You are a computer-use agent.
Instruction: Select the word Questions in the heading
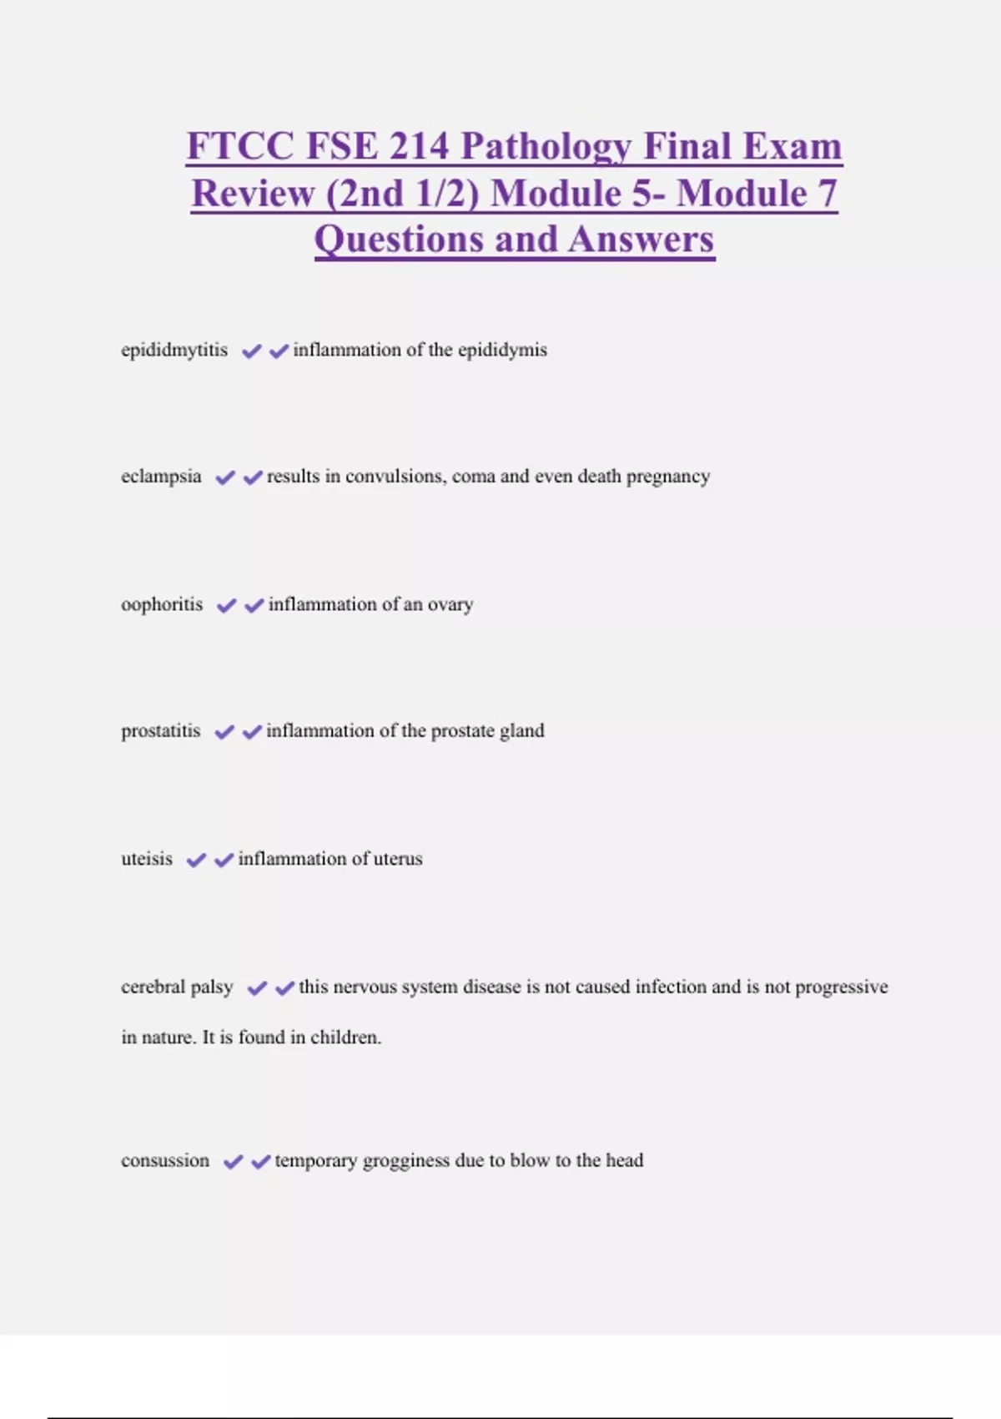click(399, 240)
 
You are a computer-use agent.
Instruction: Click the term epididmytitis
click(174, 350)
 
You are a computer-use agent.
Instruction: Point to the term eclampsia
click(161, 477)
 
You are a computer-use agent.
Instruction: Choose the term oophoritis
click(162, 604)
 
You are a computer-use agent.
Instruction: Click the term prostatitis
click(161, 731)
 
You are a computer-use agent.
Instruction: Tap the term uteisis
click(147, 859)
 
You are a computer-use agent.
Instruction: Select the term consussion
click(165, 1160)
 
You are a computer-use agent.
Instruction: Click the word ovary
click(450, 604)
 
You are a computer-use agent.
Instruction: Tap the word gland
click(522, 731)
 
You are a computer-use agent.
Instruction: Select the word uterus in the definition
click(398, 859)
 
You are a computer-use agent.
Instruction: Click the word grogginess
click(406, 1161)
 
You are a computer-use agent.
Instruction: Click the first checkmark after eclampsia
click(225, 477)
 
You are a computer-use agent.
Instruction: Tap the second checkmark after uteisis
click(224, 860)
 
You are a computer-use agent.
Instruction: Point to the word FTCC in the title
click(239, 147)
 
